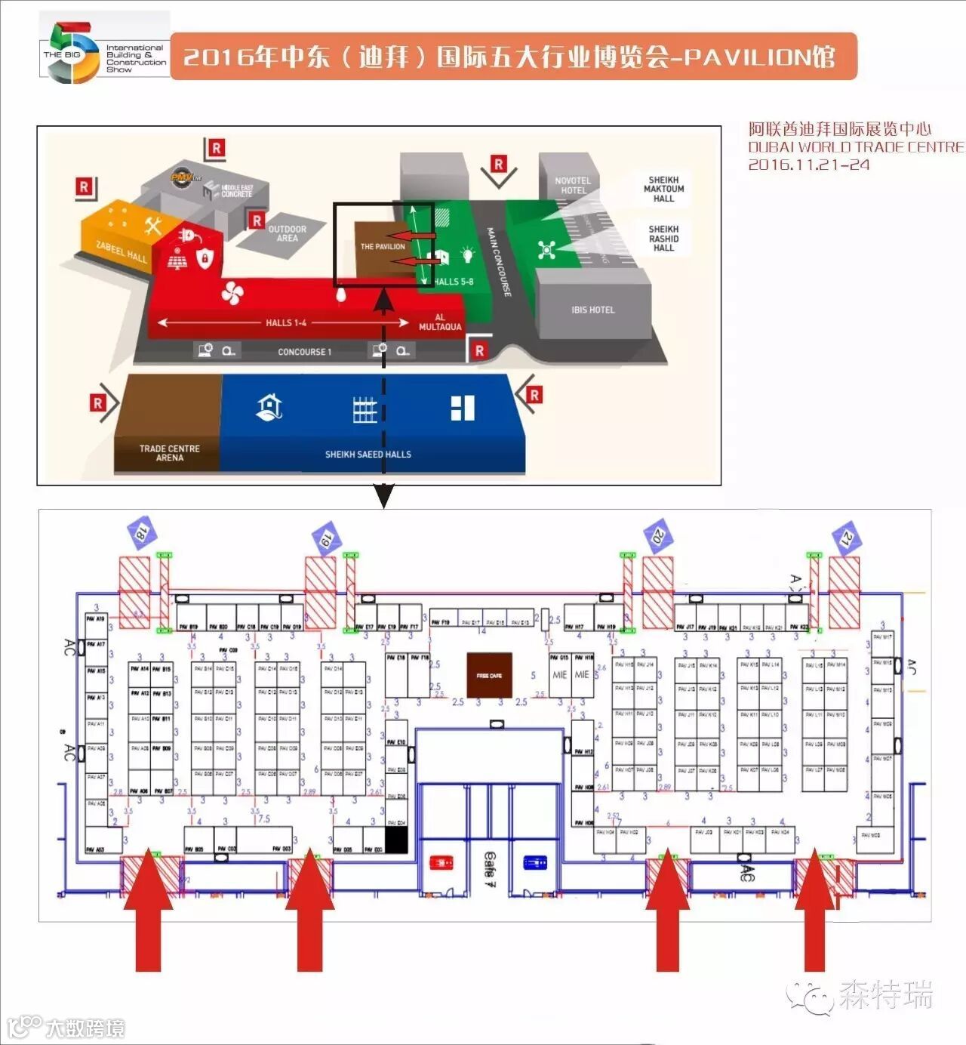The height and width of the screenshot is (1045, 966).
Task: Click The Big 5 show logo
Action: [x=104, y=51]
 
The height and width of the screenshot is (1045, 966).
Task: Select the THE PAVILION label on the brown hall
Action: [x=382, y=246]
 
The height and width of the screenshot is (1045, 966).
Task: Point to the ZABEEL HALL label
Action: [x=121, y=251]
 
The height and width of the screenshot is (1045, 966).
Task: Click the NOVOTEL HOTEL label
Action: [x=573, y=185]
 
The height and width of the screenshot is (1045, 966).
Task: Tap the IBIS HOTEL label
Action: [x=592, y=310]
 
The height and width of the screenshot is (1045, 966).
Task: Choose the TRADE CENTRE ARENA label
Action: [x=169, y=453]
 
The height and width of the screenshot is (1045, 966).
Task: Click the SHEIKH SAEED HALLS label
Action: [x=368, y=455]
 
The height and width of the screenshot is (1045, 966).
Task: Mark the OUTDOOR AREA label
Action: [x=287, y=233]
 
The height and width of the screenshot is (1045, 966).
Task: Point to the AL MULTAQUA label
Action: [x=439, y=322]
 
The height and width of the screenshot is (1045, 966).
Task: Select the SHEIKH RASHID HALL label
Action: [x=663, y=239]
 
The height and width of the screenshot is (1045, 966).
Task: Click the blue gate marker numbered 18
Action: [x=141, y=532]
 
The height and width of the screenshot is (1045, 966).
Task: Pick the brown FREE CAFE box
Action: [x=489, y=675]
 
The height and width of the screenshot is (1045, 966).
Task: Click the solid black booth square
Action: [x=396, y=840]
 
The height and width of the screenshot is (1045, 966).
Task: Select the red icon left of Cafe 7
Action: [x=441, y=862]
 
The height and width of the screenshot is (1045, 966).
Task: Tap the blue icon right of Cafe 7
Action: [x=534, y=862]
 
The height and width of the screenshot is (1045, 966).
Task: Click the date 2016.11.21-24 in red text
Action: [x=808, y=165]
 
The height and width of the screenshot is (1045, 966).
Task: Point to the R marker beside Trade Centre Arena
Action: [x=98, y=404]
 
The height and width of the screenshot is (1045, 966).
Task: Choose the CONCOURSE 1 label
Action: [x=304, y=352]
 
